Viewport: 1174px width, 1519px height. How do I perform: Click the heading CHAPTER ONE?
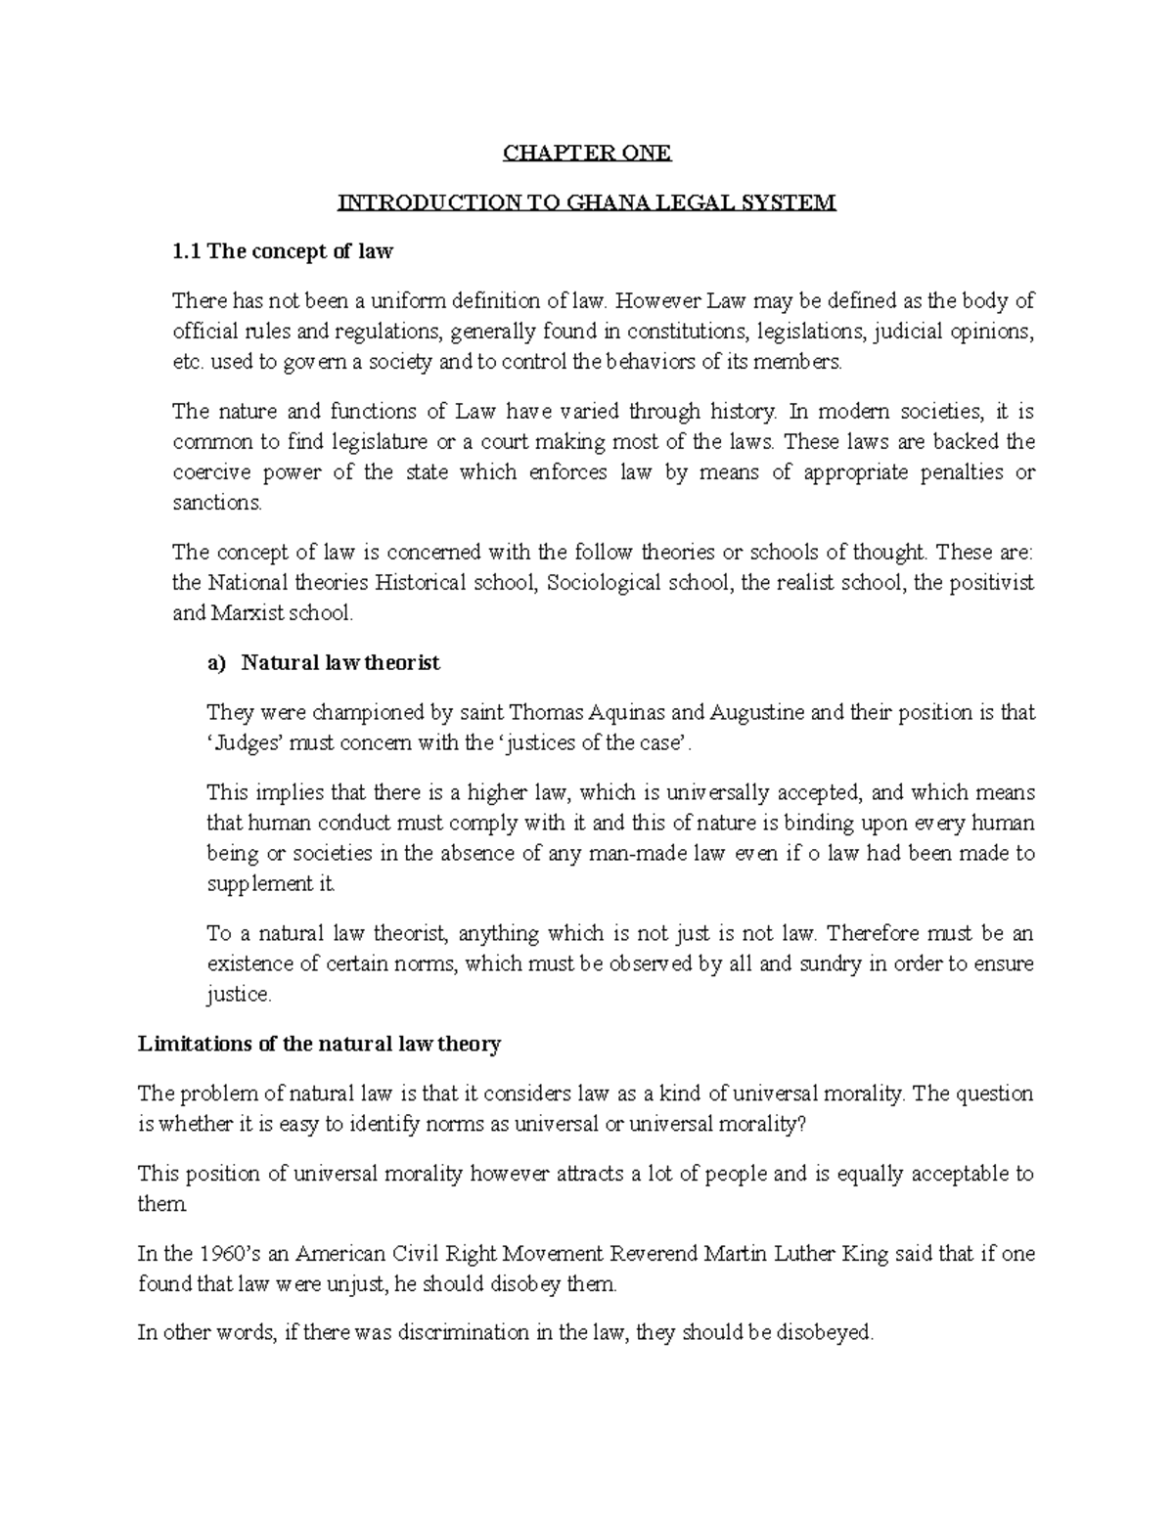[587, 153]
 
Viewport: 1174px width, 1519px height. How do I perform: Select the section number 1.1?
[186, 251]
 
